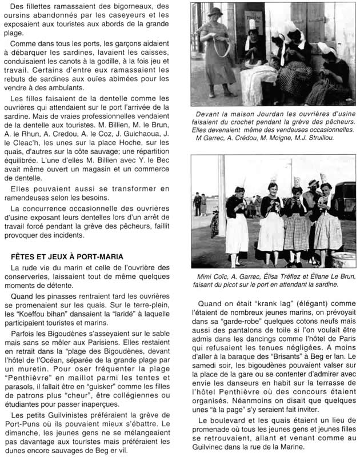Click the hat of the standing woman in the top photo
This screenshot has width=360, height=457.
pyautogui.click(x=215, y=11)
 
